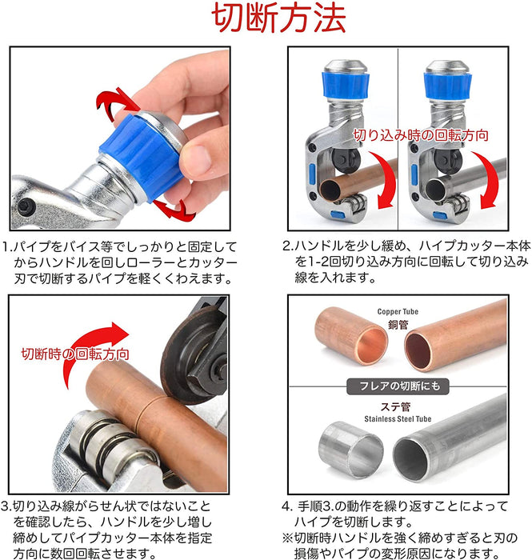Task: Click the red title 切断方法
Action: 278,18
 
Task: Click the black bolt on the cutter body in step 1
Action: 25,206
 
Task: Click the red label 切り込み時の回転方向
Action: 421,135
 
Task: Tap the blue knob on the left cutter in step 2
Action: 346,86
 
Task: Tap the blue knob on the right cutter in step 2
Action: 447,86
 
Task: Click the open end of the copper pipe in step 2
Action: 330,190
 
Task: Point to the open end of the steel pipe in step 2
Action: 435,189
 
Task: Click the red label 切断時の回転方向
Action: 75,354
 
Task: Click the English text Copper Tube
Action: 398,312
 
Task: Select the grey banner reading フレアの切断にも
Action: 398,386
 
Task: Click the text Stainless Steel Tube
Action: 398,418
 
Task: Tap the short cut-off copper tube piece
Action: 351,336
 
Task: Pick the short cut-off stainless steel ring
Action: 351,450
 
